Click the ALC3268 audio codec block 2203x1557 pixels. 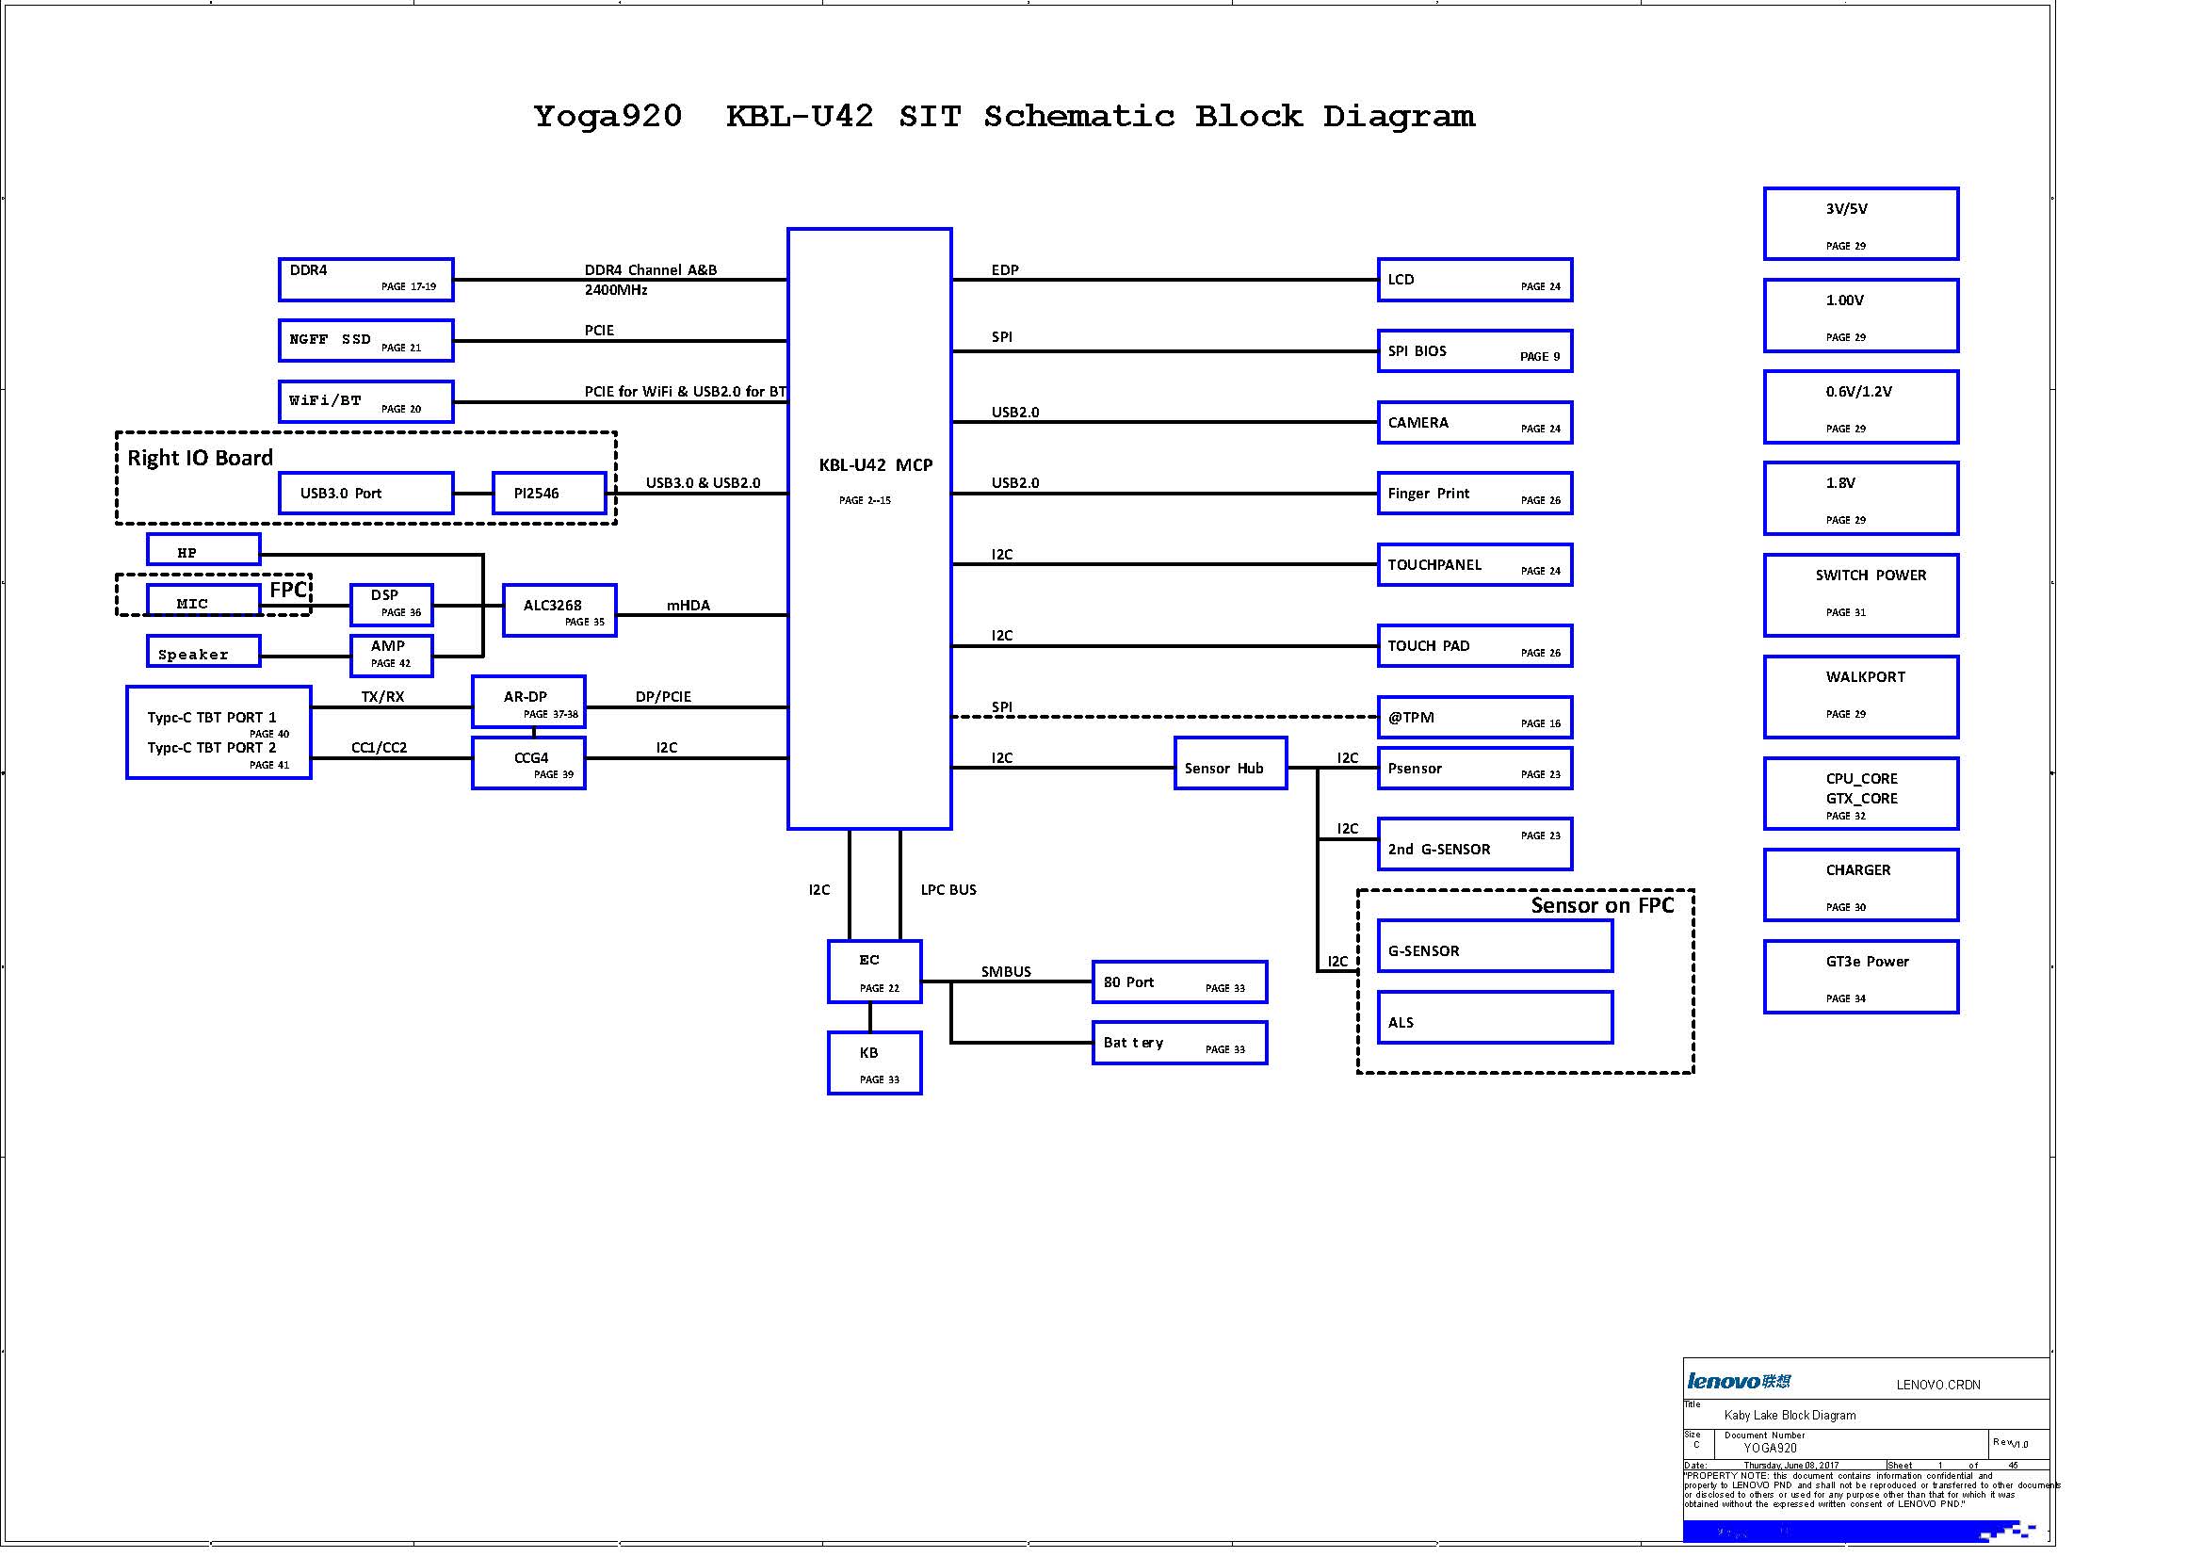tap(559, 610)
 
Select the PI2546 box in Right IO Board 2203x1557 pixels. tap(549, 494)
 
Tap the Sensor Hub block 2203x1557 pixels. tap(1230, 764)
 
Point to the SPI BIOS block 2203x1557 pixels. tap(1474, 351)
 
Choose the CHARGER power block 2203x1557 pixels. tap(1860, 884)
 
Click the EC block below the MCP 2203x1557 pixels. tap(874, 972)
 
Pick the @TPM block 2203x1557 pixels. tap(1474, 717)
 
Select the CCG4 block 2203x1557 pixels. tap(528, 763)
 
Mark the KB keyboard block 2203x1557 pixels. tap(874, 1062)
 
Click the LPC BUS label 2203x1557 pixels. tap(948, 890)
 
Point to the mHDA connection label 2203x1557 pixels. tap(688, 606)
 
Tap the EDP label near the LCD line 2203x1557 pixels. tap(1005, 270)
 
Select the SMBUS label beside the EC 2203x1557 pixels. tap(1006, 972)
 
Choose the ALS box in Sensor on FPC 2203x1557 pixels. tap(1494, 1017)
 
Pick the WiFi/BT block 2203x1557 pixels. tap(365, 402)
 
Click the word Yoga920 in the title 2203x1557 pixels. tap(607, 116)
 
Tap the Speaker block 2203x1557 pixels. tap(203, 652)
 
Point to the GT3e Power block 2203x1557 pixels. tap(1860, 977)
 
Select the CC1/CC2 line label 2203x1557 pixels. tap(379, 747)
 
